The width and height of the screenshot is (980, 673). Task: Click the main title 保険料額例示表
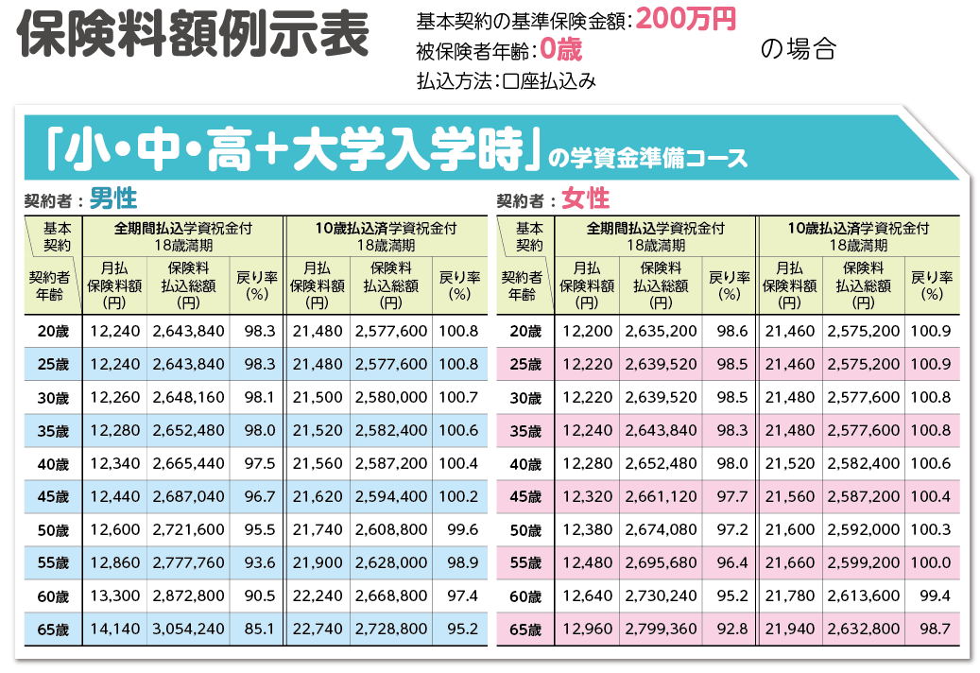tap(193, 38)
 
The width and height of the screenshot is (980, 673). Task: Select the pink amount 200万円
tap(686, 19)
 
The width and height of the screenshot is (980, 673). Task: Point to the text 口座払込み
tap(548, 81)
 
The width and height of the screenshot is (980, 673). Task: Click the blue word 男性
tap(113, 198)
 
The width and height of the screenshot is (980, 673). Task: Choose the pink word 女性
tap(586, 198)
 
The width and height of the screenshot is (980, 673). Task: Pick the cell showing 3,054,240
tap(188, 629)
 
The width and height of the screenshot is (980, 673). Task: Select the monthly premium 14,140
tap(114, 629)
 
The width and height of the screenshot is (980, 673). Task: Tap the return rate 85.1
tap(258, 629)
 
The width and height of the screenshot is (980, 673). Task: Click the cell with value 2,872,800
tap(188, 595)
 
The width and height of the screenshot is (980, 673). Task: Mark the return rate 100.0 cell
tap(932, 562)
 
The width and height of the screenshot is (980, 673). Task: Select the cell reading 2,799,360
tap(662, 629)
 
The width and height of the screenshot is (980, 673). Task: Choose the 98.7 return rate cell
tap(932, 629)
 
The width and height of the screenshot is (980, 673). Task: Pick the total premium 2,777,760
tap(188, 562)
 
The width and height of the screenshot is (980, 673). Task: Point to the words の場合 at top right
tap(798, 50)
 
